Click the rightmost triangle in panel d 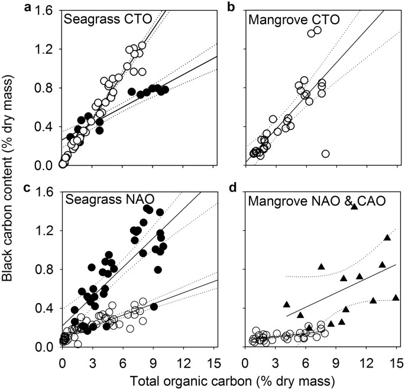tap(396, 298)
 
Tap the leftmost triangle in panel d tap(287, 304)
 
